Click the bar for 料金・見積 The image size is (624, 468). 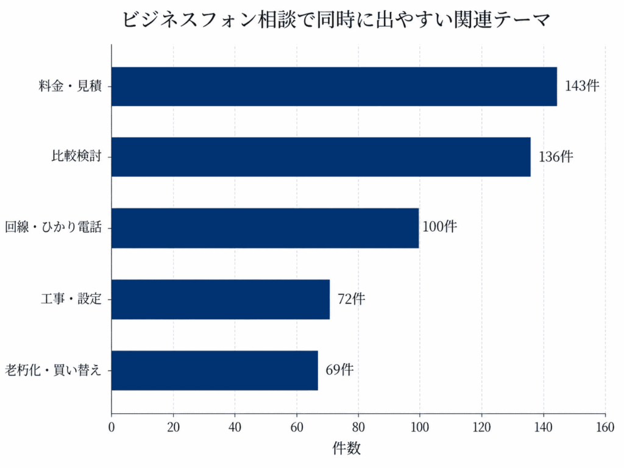[x=335, y=87]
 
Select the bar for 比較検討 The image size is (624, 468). [x=321, y=157]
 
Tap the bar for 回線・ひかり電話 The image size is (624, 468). [x=266, y=228]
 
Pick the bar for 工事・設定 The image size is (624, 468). [x=221, y=299]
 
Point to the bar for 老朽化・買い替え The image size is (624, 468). [x=215, y=370]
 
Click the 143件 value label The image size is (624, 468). [x=582, y=85]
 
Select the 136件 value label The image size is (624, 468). [x=556, y=157]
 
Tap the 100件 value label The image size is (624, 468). [x=440, y=227]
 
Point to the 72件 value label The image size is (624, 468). [x=352, y=299]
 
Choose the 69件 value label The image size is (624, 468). [x=340, y=370]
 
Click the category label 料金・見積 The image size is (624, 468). [x=71, y=86]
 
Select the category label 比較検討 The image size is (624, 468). [x=77, y=156]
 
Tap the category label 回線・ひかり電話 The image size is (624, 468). [x=54, y=227]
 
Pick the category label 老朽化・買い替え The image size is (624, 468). [x=54, y=370]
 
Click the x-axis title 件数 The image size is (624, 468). [x=347, y=448]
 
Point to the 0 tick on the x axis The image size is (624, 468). [x=112, y=427]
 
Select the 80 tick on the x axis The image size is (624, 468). [x=358, y=427]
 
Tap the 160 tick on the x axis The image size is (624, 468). [x=605, y=427]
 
